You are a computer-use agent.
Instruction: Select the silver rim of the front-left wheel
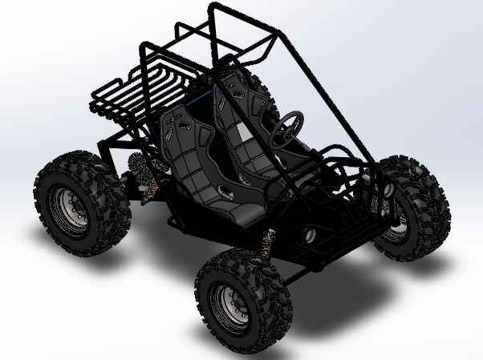pos(225,305)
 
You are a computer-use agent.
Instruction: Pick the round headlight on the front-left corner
pos(308,235)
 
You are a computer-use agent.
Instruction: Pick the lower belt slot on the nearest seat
pos(227,192)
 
